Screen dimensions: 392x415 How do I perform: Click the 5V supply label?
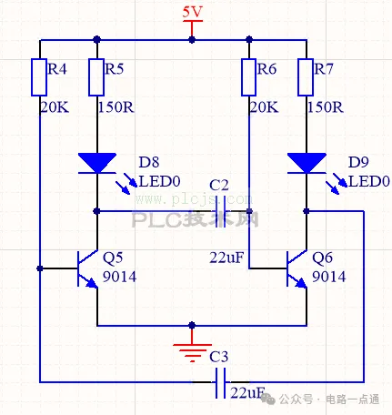point(192,12)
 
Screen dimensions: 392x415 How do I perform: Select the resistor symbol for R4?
point(39,77)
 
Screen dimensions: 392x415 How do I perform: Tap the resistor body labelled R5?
point(96,77)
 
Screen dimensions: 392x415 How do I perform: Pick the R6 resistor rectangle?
point(249,77)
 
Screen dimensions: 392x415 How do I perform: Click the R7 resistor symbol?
point(306,77)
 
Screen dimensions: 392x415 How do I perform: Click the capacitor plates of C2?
point(221,211)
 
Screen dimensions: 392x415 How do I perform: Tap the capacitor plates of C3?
point(220,383)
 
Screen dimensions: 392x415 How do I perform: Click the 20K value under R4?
point(55,107)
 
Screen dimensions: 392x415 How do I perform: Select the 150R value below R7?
point(326,107)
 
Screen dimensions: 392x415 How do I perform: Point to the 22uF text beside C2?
point(226,258)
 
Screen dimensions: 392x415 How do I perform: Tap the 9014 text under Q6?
point(328,277)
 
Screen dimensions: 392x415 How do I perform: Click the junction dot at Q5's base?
point(40,268)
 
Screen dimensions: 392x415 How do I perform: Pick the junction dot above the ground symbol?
point(192,326)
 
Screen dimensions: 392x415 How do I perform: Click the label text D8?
point(149,162)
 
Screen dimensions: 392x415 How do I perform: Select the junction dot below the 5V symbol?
point(192,40)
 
